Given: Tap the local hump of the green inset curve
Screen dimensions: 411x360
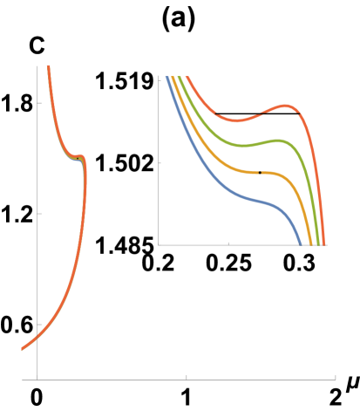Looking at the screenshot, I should (x=279, y=140).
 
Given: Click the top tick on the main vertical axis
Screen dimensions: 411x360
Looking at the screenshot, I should (x=39, y=103).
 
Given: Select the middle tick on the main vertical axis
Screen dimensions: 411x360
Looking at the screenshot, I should (x=39, y=213).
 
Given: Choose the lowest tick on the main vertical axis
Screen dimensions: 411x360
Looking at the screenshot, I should (x=39, y=324).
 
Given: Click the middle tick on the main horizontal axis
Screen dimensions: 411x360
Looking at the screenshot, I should (x=187, y=378).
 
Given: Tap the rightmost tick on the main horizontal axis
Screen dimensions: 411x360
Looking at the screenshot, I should (x=336, y=378).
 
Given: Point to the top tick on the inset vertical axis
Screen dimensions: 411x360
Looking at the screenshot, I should (x=160, y=79).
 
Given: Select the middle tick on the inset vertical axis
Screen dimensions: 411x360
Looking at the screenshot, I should (x=160, y=162).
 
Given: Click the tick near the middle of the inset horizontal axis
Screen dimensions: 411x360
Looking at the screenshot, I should (x=229, y=243).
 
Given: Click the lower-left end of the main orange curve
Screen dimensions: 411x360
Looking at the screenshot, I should (x=23, y=350).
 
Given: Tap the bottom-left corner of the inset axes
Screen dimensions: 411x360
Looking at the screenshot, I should (x=158, y=245).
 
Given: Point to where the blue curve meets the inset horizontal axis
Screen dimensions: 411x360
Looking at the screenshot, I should (x=302, y=244).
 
